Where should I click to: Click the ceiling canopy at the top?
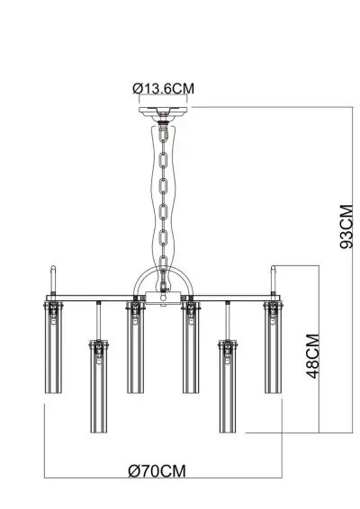163,112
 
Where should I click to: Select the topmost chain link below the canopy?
163,131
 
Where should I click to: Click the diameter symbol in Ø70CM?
133,470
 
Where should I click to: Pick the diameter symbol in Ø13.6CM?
135,88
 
